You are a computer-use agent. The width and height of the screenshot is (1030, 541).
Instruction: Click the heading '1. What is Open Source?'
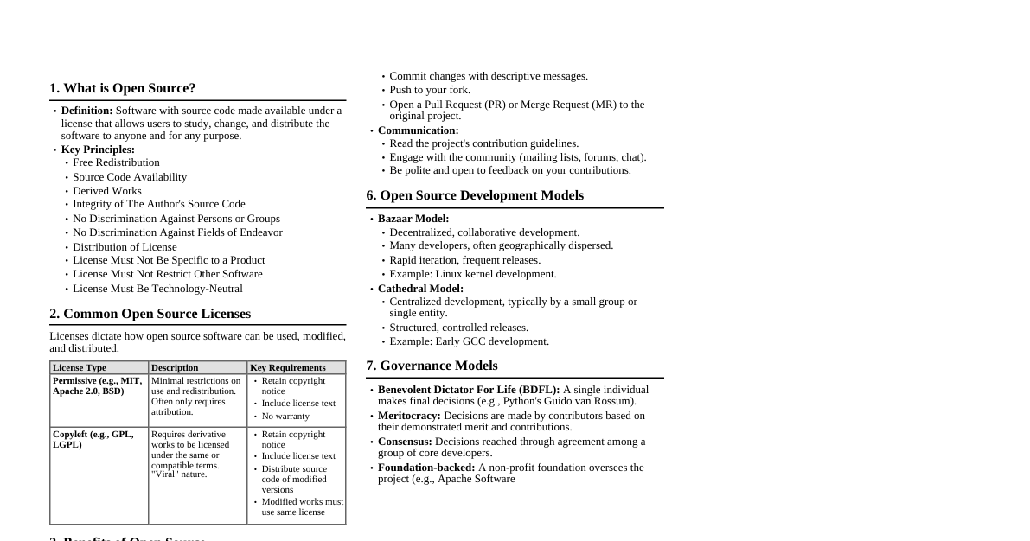pos(122,88)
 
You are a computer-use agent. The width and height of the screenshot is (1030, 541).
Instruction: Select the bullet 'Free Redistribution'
pos(116,162)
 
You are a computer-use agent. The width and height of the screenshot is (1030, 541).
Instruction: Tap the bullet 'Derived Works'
pos(106,191)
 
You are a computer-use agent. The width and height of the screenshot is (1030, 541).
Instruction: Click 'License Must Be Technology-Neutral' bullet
pos(157,289)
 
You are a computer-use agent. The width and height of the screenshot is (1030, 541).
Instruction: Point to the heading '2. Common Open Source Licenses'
pos(150,314)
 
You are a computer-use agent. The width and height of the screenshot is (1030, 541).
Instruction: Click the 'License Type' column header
pos(80,367)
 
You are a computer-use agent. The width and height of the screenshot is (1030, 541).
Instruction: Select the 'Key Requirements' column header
pos(287,367)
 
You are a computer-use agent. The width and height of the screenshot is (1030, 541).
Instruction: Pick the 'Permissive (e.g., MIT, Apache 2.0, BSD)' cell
pos(97,386)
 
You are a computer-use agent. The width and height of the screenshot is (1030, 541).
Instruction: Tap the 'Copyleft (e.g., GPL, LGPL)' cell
pos(93,440)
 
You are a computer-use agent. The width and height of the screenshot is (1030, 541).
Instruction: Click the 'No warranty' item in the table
pos(285,417)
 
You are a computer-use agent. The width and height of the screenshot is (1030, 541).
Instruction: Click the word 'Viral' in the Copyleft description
pos(167,474)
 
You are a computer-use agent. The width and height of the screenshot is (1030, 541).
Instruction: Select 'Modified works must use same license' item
pos(302,507)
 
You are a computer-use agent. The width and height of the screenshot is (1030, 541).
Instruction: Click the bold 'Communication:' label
pos(418,130)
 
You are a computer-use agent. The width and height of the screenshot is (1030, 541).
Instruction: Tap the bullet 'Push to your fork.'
pos(430,90)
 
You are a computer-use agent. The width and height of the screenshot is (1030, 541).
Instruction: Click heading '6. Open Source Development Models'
pos(474,195)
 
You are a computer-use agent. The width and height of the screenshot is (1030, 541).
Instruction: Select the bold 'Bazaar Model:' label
pos(413,219)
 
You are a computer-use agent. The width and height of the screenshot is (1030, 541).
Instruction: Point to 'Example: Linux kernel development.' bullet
pos(472,274)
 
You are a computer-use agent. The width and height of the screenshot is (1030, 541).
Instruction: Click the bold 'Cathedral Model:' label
pos(420,289)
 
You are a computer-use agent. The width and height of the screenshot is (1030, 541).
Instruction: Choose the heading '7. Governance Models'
pos(432,366)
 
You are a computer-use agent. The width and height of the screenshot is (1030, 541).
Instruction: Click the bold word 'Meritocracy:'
pos(408,416)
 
